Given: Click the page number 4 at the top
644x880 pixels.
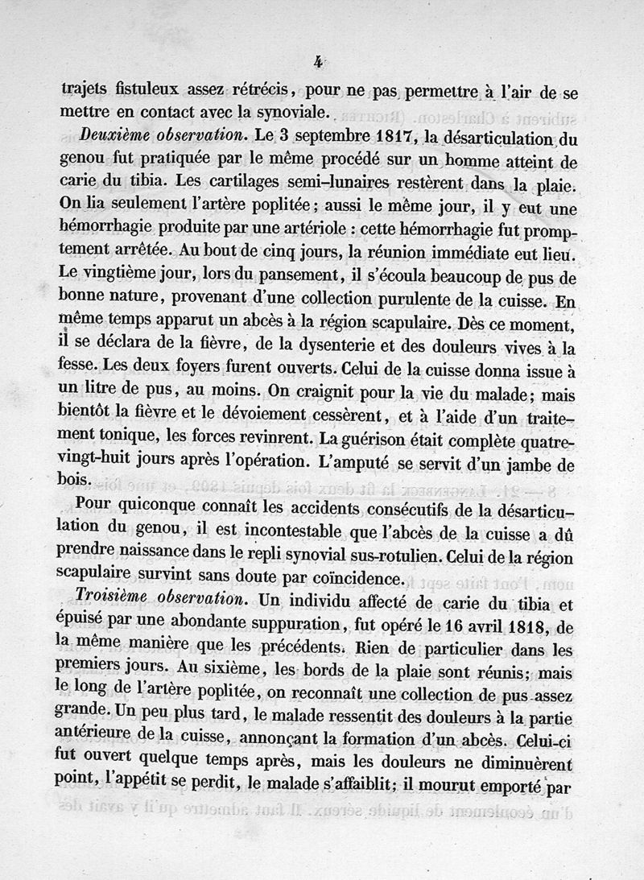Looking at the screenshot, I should click(320, 60).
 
